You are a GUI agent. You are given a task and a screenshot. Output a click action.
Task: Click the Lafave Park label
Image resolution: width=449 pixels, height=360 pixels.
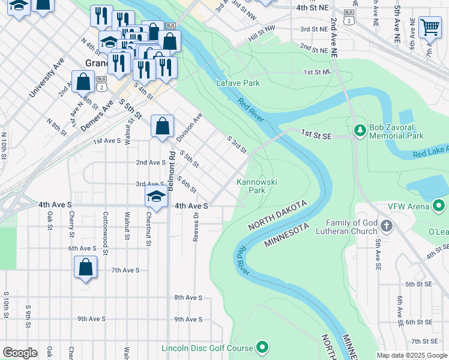click(238, 83)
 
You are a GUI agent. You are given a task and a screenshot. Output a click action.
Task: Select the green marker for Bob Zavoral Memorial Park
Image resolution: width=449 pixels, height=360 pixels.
click(360, 130)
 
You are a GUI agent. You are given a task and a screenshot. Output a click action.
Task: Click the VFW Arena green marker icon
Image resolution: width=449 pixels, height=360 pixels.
click(439, 206)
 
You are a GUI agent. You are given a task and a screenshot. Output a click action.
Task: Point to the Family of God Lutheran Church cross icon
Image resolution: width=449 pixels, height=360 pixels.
click(387, 226)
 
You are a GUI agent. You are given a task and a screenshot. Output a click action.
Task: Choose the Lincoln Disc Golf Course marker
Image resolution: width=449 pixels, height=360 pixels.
click(262, 347)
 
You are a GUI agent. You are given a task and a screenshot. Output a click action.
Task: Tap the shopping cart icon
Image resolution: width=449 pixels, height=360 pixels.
click(429, 27)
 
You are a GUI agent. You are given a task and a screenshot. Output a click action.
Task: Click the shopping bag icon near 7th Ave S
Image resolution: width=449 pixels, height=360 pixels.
click(85, 267)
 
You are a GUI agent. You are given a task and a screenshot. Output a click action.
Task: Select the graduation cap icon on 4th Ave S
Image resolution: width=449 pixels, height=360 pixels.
click(156, 197)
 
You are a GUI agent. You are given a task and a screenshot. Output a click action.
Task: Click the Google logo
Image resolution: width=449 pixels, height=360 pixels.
click(20, 353)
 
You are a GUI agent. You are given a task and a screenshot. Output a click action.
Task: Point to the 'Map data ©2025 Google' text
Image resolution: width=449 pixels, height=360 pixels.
click(412, 355)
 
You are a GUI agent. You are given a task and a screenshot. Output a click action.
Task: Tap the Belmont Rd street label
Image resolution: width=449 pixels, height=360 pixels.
click(172, 171)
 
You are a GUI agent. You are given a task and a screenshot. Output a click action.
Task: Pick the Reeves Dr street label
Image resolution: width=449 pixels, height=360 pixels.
click(196, 228)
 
